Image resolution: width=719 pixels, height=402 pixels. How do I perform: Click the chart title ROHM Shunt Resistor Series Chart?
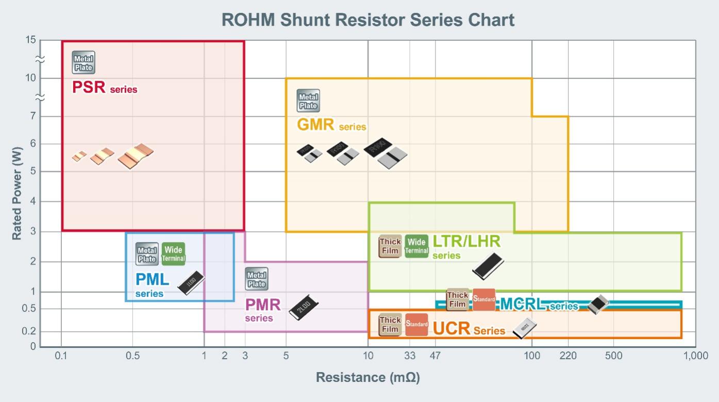tap(368, 20)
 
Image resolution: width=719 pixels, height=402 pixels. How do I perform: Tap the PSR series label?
tap(105, 87)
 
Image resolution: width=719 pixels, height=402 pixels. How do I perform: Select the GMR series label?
tap(331, 125)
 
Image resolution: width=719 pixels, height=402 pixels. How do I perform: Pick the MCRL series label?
tap(539, 304)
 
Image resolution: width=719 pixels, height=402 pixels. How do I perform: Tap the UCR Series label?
tap(469, 328)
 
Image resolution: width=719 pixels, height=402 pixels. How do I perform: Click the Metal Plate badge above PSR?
tap(83, 62)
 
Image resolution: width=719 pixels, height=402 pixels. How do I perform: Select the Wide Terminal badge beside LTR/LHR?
tap(416, 246)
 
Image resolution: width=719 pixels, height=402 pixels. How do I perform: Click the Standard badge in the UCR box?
tap(416, 325)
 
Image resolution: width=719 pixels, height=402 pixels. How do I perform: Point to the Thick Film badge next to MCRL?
tap(457, 299)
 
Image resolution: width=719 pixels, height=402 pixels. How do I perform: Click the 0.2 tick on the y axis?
tap(30, 332)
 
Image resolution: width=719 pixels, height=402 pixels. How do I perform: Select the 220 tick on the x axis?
tap(568, 356)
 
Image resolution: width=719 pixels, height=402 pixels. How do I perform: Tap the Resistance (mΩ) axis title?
tap(367, 377)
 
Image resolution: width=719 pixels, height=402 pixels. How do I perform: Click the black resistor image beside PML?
tap(191, 282)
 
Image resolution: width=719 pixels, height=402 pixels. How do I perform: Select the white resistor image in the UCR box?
tap(525, 328)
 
